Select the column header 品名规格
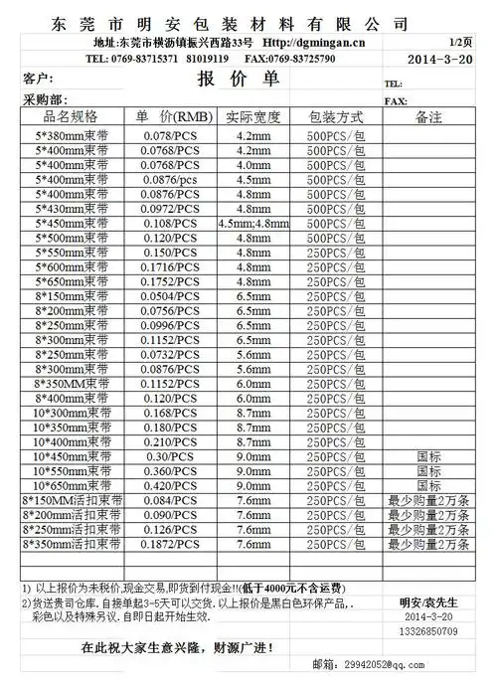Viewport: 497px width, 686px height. pyautogui.click(x=66, y=116)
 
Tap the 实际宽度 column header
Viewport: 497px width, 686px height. pyautogui.click(x=252, y=116)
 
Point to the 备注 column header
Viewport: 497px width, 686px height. pyautogui.click(x=428, y=116)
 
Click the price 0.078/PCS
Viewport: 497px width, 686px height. pyautogui.click(x=170, y=133)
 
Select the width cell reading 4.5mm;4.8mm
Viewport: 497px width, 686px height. pyautogui.click(x=252, y=224)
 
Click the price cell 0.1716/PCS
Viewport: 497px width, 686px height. pyautogui.click(x=170, y=268)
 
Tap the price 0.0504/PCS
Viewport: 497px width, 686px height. pyautogui.click(x=170, y=297)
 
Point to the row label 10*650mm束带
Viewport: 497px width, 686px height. pyautogui.click(x=67, y=485)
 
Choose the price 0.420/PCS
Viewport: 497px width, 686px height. pyautogui.click(x=170, y=485)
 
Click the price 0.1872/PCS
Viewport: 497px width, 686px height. pyautogui.click(x=170, y=544)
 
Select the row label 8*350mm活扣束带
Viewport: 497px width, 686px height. pyautogui.click(x=70, y=544)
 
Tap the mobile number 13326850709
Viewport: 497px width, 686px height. pyautogui.click(x=428, y=630)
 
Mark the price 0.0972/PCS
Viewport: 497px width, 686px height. pyautogui.click(x=170, y=209)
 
